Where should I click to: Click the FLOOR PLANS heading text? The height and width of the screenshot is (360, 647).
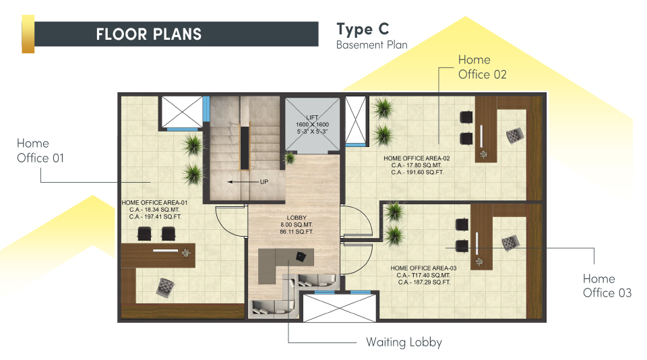click(x=148, y=34)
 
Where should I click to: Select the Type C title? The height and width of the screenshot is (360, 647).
click(x=363, y=29)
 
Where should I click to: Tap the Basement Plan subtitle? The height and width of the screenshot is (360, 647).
click(x=372, y=44)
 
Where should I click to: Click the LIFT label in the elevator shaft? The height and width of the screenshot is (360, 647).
click(x=312, y=117)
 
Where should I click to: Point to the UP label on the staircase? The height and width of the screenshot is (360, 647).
click(x=264, y=181)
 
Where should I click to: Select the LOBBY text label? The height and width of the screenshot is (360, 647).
click(x=297, y=218)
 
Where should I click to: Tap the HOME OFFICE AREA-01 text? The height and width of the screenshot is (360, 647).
click(x=155, y=203)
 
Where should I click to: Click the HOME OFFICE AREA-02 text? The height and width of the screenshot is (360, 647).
click(x=417, y=158)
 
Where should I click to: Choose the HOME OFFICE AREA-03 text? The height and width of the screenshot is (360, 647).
click(x=424, y=268)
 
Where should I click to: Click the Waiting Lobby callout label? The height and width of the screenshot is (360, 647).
click(x=404, y=342)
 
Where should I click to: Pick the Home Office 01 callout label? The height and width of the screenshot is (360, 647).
click(x=40, y=151)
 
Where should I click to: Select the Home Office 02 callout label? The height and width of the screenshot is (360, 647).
click(x=483, y=67)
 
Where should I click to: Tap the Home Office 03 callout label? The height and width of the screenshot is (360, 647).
click(x=607, y=286)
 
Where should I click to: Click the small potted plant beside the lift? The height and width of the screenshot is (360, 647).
click(x=290, y=157)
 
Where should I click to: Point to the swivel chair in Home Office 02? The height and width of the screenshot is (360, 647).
click(x=515, y=136)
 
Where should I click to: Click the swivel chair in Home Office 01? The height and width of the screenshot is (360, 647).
click(x=165, y=287)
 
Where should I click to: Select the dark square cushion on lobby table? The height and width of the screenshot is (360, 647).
click(x=301, y=257)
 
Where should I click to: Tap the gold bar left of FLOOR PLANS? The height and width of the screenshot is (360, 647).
click(x=28, y=34)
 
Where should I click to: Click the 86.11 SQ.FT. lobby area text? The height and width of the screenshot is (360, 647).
click(x=297, y=232)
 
